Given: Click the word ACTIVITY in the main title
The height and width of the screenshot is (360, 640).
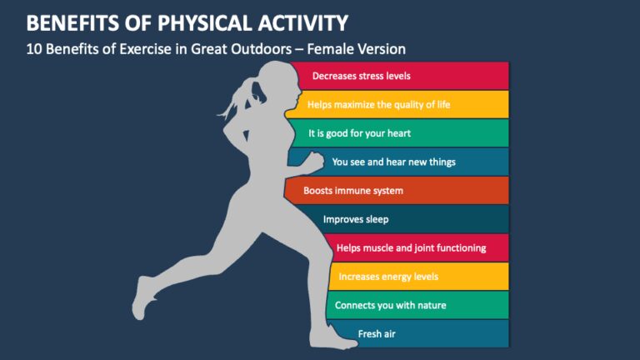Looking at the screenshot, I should point(291,21).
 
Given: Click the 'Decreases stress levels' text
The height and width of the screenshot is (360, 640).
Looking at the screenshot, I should point(361,76).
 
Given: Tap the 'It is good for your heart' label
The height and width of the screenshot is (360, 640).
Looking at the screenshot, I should point(359,132).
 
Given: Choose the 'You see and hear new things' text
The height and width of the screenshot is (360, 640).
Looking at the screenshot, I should point(393,162).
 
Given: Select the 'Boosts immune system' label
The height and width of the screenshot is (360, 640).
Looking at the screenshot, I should point(353,191).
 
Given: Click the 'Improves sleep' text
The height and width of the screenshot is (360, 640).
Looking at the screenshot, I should point(356,220).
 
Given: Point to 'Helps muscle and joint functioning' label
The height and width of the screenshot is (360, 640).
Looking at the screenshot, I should point(411,247).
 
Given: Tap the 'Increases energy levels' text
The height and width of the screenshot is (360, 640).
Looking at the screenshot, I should point(388,276).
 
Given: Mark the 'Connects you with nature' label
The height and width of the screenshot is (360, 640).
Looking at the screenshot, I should point(390,305).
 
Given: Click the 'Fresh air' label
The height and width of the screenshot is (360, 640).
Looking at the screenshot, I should point(377,333).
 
